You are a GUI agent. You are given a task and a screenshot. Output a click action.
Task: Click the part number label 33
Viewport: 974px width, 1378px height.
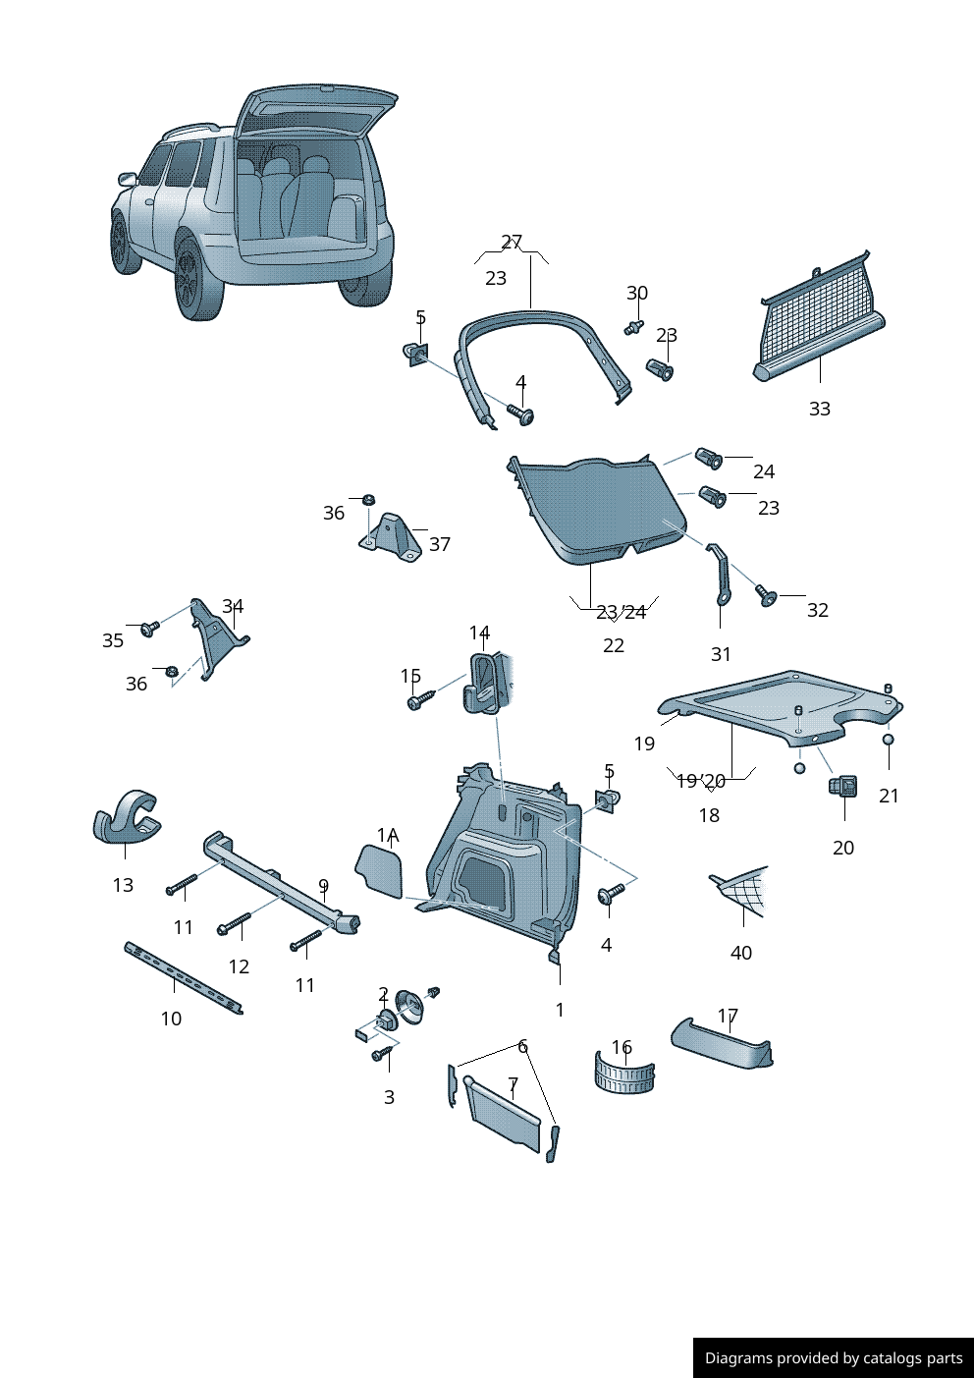(x=819, y=409)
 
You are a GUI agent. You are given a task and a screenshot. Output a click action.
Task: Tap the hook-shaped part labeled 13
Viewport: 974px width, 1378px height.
(x=126, y=817)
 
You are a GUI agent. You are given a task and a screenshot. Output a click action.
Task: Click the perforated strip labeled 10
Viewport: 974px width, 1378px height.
(x=182, y=976)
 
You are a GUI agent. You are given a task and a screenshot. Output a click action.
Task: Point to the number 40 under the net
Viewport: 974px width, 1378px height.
(x=741, y=953)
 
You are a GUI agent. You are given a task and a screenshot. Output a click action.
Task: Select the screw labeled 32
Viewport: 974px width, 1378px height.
(x=765, y=595)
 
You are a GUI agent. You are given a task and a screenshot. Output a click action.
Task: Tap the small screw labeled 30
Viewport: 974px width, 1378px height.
(x=633, y=327)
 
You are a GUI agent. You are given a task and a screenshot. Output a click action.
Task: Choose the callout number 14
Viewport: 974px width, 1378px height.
(x=479, y=633)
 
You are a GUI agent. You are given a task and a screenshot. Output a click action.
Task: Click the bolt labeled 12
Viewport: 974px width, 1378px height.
(x=235, y=923)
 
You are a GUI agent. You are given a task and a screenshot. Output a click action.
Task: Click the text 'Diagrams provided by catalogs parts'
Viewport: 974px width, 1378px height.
(x=833, y=1357)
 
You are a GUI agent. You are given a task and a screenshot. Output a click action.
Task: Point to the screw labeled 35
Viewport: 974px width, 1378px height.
(x=149, y=628)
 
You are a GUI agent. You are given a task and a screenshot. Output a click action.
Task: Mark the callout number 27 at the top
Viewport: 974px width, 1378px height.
(x=512, y=242)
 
